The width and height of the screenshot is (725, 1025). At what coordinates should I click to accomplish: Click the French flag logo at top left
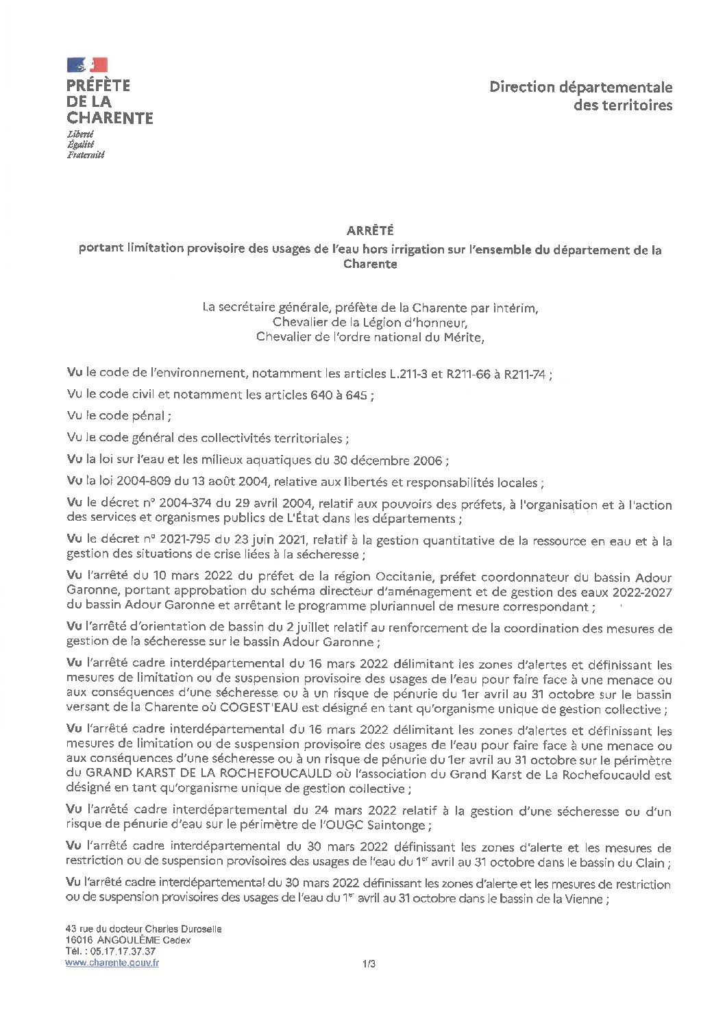click(87, 65)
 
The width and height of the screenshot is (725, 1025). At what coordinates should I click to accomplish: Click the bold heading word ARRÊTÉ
click(370, 231)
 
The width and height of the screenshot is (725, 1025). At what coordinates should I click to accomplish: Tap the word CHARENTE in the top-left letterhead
click(110, 118)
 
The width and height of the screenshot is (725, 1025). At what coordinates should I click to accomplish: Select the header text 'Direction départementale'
click(580, 87)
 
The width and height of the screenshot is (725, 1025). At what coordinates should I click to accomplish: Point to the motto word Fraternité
click(86, 155)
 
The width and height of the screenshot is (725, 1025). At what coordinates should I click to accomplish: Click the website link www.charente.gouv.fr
click(112, 963)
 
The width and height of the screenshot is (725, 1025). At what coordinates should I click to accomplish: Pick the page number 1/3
click(369, 964)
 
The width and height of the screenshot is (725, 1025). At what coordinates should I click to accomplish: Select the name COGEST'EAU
click(253, 709)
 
